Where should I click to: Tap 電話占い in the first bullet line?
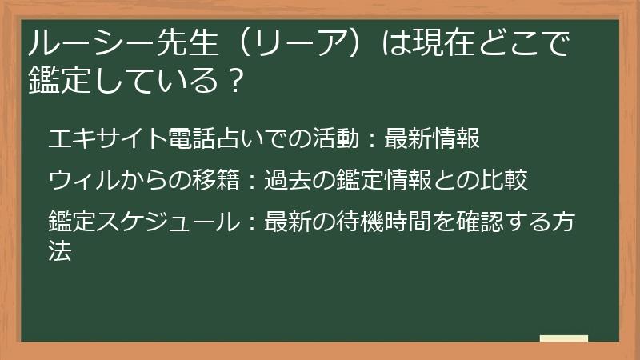(192, 138)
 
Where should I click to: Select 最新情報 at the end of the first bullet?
(432, 138)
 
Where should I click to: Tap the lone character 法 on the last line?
(60, 251)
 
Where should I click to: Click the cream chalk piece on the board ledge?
(564, 338)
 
